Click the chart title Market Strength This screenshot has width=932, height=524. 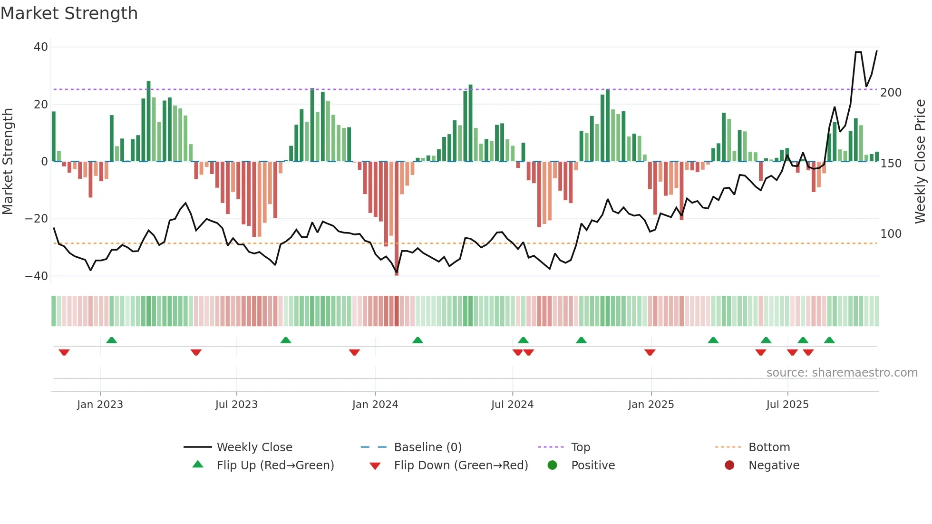click(69, 13)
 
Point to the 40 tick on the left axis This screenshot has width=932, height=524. click(41, 47)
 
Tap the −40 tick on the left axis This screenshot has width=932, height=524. click(37, 276)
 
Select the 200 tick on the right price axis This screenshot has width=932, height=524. click(891, 93)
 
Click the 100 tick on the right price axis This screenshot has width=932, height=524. click(891, 234)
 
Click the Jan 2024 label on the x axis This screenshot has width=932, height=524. click(375, 405)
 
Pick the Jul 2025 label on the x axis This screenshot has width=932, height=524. click(787, 405)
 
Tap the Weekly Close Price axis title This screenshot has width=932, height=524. click(920, 162)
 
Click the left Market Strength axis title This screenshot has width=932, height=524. click(8, 162)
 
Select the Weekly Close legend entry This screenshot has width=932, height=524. click(254, 447)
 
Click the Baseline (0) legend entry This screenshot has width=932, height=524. click(427, 447)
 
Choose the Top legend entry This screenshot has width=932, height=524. click(580, 447)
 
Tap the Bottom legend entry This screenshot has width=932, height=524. click(769, 447)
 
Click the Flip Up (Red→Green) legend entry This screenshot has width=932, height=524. click(275, 466)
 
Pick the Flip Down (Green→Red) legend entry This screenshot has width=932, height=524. click(460, 466)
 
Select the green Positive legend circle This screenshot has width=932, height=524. click(552, 466)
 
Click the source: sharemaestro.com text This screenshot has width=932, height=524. click(842, 373)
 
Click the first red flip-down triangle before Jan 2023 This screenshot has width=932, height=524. click(64, 352)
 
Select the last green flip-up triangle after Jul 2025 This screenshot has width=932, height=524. click(829, 340)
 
